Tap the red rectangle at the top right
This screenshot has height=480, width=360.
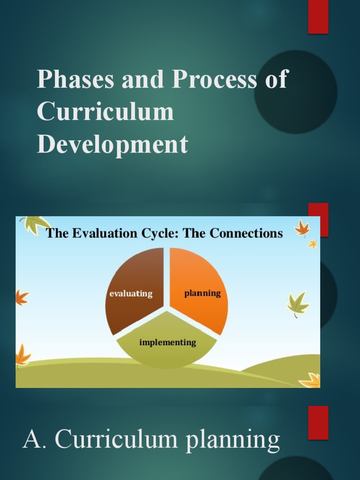pos(318,17)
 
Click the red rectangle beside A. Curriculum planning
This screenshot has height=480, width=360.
pos(318,422)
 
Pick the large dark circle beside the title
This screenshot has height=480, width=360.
pos(295,92)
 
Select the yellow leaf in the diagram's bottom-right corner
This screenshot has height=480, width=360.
pos(310,380)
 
